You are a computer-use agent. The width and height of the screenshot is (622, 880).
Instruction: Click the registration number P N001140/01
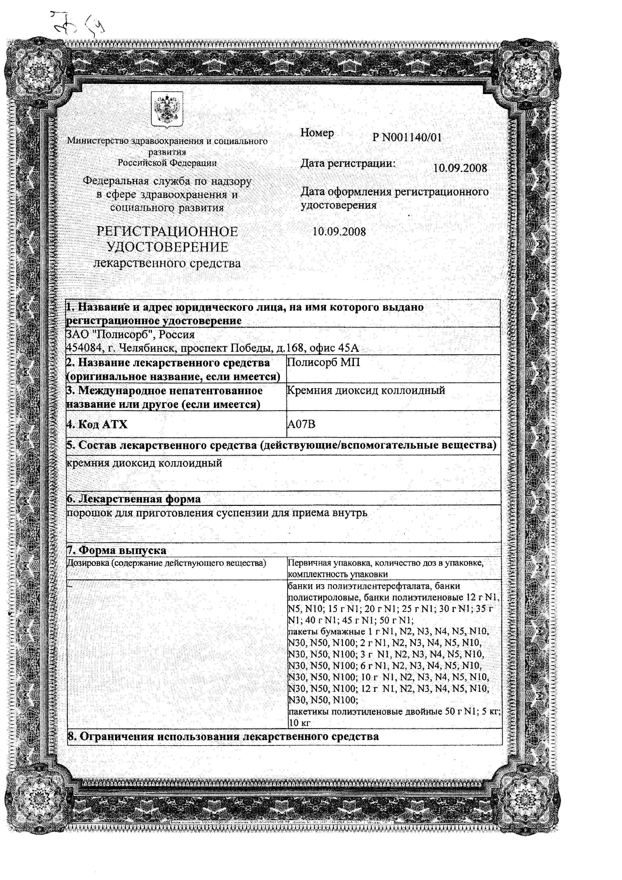point(407,138)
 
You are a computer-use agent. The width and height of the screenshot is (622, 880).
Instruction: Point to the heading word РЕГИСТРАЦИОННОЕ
point(167,232)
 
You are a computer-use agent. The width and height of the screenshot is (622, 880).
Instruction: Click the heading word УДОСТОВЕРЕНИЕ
point(167,247)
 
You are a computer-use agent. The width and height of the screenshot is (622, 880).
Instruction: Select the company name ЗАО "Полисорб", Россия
point(131,334)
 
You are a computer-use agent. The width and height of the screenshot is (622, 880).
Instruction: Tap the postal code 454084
point(82,348)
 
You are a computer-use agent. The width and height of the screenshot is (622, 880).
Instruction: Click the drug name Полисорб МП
point(323,362)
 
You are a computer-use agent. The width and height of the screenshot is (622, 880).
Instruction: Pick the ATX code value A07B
point(301,424)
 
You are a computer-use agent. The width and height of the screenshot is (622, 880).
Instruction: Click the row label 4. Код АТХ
point(97,424)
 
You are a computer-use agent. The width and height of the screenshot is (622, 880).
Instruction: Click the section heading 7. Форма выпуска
point(117,550)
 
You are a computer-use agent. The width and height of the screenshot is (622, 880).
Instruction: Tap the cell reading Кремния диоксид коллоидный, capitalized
point(366,390)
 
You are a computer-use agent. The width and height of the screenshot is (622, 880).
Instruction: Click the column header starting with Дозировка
point(166,563)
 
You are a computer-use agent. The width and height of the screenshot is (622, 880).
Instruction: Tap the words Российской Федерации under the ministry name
point(167,163)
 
